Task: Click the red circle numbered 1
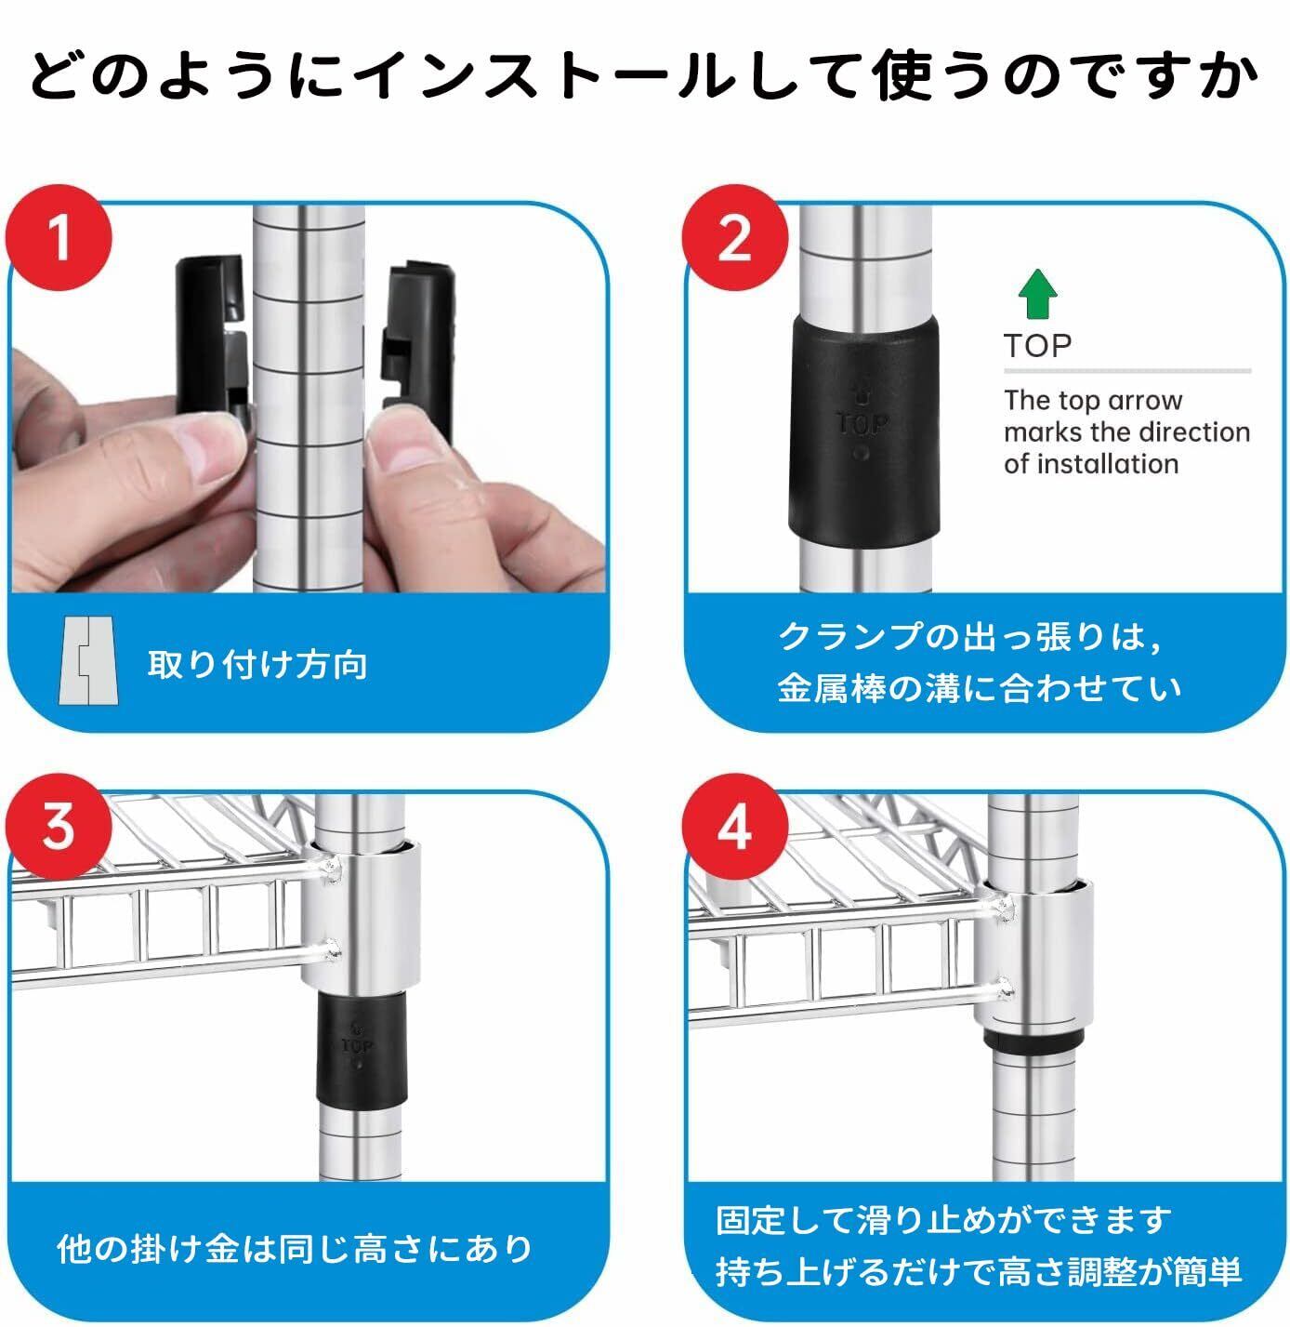(x=59, y=238)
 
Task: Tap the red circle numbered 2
(x=734, y=238)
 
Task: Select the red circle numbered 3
(x=59, y=827)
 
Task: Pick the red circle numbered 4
(x=734, y=827)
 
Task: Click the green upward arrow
(x=1037, y=294)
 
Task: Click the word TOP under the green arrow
(x=1037, y=347)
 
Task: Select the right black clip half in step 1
(x=418, y=348)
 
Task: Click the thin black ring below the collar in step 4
(x=1033, y=1041)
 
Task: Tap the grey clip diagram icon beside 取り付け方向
(x=88, y=661)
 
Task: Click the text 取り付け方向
(x=257, y=665)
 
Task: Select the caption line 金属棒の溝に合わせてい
(x=980, y=688)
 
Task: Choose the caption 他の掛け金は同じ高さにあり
(x=295, y=1249)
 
